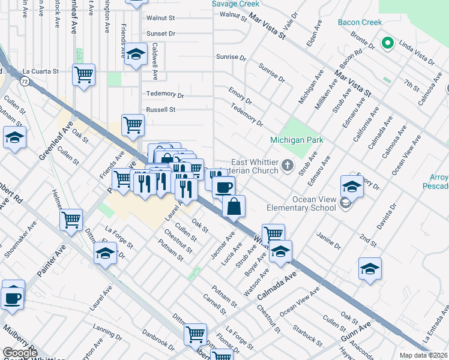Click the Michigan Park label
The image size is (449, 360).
pyautogui.click(x=296, y=140)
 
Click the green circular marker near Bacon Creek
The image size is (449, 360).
pyautogui.click(x=388, y=44)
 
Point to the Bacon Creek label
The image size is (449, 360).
pyautogui.click(x=360, y=23)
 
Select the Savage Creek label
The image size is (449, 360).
pyautogui.click(x=235, y=4)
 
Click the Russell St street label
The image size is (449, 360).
pyautogui.click(x=161, y=110)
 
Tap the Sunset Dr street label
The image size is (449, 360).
pyautogui.click(x=161, y=34)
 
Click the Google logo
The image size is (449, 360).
pyautogui.click(x=20, y=353)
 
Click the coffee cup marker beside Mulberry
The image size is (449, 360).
pyautogui.click(x=13, y=296)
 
